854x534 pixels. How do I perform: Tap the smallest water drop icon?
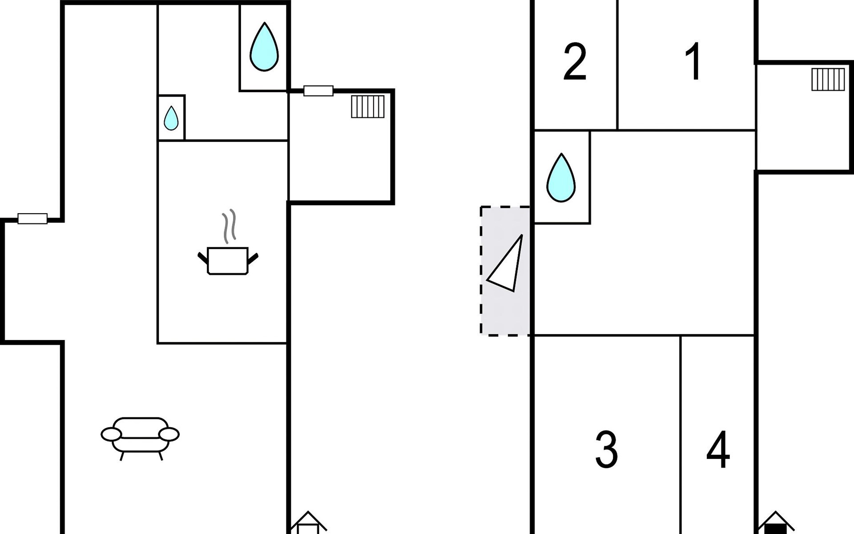171,118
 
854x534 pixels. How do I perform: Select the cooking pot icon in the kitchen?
228,260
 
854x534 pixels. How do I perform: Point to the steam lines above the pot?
229,226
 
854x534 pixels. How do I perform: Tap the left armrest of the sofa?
111,434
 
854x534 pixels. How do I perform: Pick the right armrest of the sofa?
169,434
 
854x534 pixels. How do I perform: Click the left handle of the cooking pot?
203,257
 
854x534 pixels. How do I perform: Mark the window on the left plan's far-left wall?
32,218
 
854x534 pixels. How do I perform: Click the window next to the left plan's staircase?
318,91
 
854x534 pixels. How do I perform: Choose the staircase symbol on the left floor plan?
368,107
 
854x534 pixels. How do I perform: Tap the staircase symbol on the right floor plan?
828,79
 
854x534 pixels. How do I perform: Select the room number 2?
575,62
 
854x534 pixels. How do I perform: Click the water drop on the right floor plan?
561,178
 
